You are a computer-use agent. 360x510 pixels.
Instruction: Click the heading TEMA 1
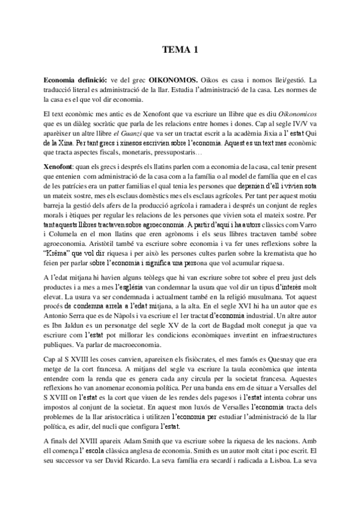tap(180, 52)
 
